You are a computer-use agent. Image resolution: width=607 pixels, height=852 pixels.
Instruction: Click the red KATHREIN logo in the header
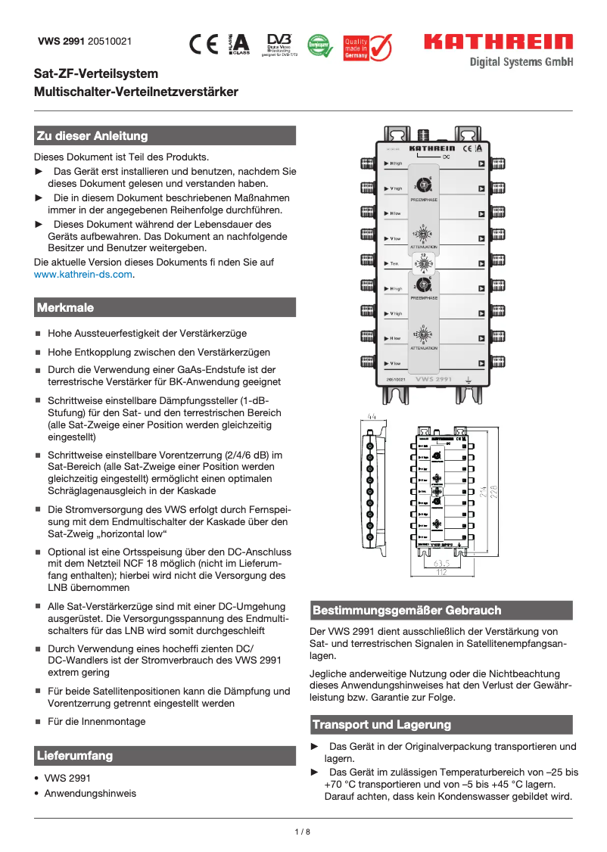(x=498, y=42)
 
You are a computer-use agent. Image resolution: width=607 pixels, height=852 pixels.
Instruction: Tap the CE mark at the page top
(x=204, y=45)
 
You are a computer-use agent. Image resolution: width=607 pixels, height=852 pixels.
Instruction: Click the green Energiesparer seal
(x=320, y=45)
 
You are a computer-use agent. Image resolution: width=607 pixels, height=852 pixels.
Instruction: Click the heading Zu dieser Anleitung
(x=92, y=136)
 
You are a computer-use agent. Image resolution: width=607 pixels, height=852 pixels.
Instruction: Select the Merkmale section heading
(x=65, y=308)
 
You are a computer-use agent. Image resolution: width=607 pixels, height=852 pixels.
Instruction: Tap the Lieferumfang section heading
(x=75, y=756)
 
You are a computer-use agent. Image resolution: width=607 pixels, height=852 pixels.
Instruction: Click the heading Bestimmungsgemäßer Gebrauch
(x=406, y=611)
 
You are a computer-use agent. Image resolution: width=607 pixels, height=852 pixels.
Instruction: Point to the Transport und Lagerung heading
(x=381, y=725)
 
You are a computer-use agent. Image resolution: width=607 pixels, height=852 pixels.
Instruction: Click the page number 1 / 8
(x=303, y=832)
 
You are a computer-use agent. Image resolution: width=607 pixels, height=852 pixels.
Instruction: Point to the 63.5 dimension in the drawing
(x=442, y=564)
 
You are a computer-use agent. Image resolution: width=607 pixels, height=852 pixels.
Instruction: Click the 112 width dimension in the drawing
(x=441, y=573)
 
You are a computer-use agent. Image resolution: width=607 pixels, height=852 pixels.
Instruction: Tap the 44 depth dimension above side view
(x=372, y=416)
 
